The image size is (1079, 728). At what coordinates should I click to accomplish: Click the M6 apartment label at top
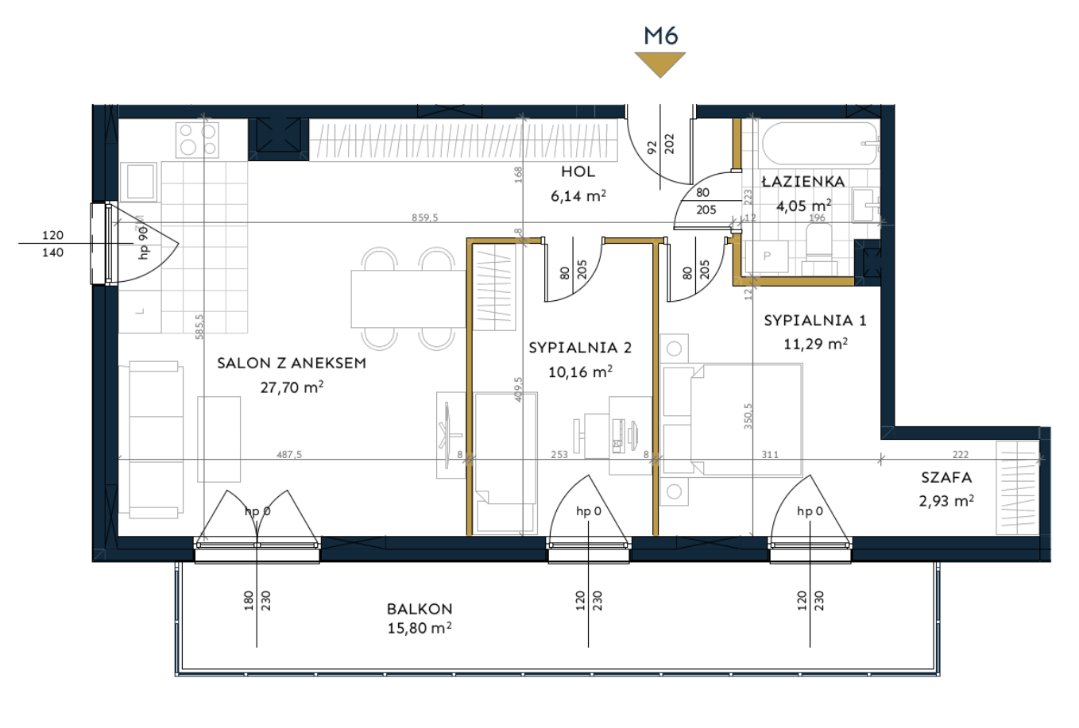(x=661, y=36)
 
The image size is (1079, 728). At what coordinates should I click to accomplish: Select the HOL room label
(x=578, y=171)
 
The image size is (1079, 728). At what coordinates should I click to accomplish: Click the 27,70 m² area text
(x=292, y=387)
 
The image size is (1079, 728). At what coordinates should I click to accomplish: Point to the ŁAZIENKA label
(x=803, y=181)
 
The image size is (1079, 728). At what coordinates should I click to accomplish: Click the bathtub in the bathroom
(x=820, y=144)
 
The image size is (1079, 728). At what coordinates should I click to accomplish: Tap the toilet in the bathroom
(x=819, y=251)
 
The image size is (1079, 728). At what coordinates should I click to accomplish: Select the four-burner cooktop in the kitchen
(x=197, y=140)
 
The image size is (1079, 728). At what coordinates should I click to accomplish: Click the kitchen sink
(x=138, y=182)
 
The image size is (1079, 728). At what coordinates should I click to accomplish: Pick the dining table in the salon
(x=408, y=299)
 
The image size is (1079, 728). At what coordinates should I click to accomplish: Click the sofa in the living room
(x=156, y=439)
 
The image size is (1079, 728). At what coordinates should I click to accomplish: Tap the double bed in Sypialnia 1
(x=733, y=420)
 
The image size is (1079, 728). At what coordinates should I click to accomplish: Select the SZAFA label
(x=946, y=477)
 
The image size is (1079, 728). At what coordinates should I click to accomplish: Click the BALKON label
(x=420, y=609)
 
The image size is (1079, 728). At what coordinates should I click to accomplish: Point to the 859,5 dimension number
(x=425, y=218)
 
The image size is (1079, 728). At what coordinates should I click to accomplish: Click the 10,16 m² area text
(x=580, y=372)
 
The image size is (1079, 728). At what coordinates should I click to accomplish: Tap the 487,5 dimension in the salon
(x=289, y=454)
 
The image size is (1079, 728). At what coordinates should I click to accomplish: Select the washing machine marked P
(x=767, y=257)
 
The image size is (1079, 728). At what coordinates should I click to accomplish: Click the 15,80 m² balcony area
(x=419, y=629)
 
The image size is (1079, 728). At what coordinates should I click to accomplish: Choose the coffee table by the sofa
(x=219, y=439)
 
